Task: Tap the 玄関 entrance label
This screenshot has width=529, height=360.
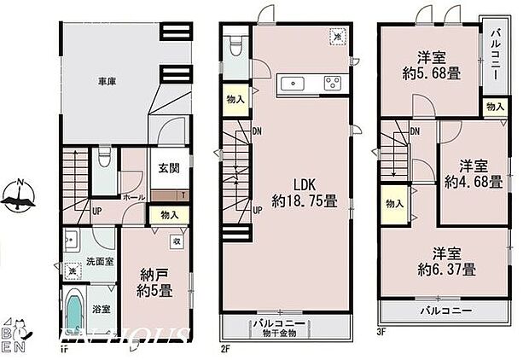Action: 167,169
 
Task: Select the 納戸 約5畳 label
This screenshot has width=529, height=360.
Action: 156,283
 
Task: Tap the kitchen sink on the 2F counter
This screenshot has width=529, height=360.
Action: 296,83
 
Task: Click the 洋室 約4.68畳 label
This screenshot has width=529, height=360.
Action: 472,174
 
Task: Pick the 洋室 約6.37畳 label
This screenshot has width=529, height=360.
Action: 447,261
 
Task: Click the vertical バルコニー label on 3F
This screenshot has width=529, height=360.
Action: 496,52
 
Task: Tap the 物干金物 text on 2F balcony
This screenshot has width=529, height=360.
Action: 280,334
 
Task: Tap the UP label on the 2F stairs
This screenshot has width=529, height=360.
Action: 257,209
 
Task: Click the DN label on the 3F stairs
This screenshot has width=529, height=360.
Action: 414,131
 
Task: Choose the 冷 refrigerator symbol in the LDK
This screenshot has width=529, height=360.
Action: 338,37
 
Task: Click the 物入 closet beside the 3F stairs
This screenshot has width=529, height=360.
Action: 393,205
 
